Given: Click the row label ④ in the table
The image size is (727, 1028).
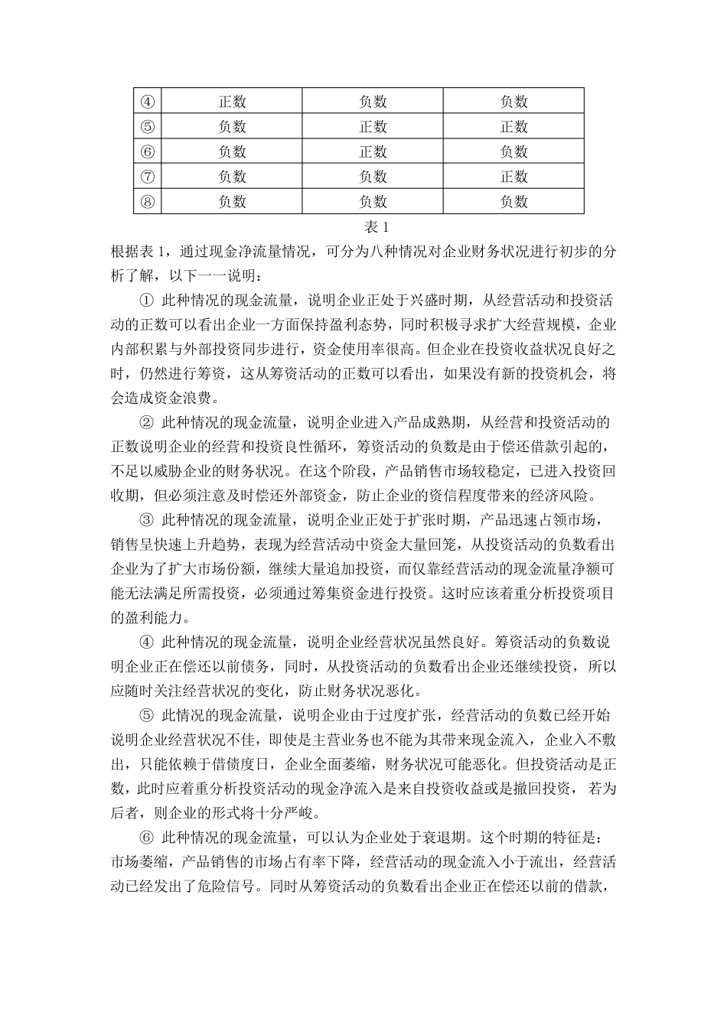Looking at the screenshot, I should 148,101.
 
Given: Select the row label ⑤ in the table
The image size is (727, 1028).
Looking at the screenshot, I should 148,126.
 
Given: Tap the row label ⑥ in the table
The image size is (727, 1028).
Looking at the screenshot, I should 148,151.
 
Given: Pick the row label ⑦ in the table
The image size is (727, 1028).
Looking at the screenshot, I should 148,177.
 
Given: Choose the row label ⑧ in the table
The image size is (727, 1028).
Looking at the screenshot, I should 148,202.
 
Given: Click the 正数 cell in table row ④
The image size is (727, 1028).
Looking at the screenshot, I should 232,101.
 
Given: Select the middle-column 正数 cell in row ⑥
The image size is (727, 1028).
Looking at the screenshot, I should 373,151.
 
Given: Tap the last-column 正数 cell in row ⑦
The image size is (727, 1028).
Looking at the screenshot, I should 513,177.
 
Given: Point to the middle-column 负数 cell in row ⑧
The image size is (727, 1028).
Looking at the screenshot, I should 373,202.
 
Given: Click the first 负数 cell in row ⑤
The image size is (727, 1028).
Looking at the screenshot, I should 232,126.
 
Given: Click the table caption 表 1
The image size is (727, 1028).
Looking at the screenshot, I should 377,227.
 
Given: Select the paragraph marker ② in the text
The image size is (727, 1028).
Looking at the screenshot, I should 148,423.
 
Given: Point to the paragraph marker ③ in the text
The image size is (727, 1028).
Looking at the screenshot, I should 148,521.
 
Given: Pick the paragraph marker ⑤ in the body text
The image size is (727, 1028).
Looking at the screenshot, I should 148,717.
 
